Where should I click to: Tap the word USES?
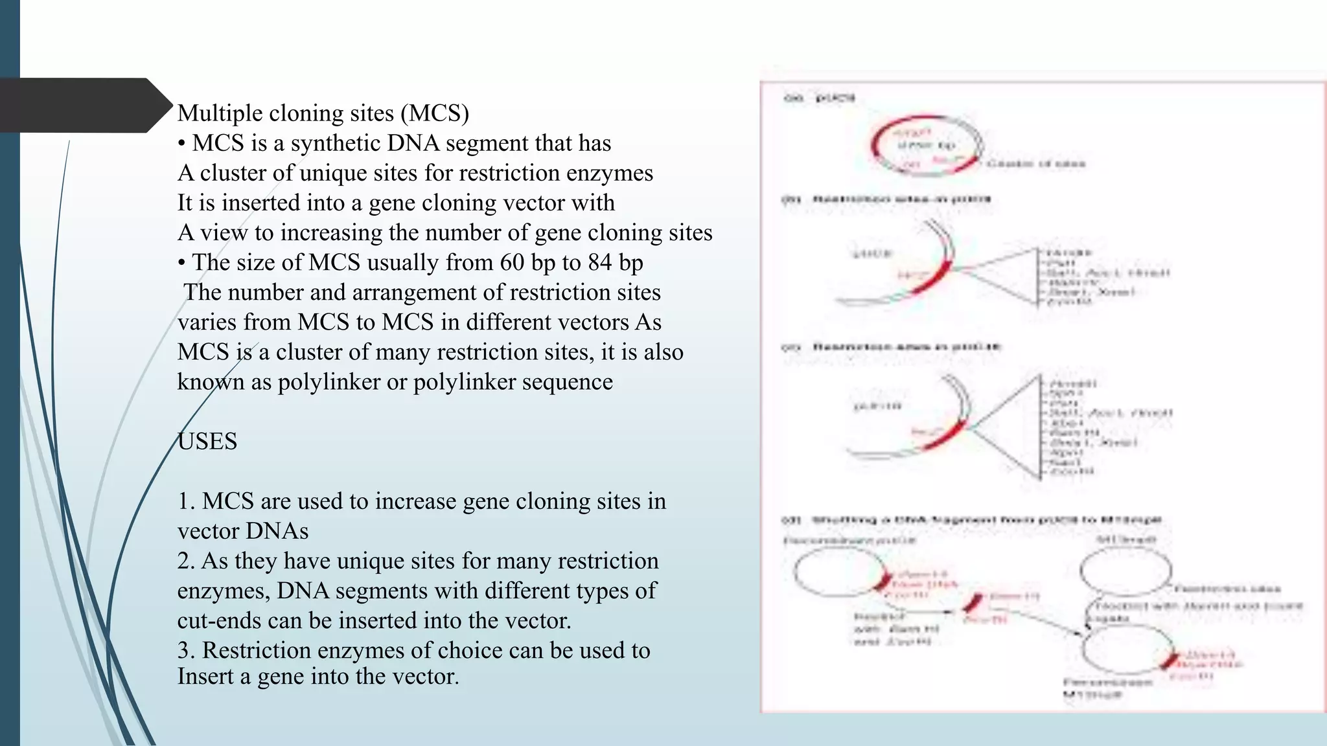(207, 442)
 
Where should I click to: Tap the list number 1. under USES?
(187, 501)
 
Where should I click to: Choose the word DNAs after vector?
(278, 531)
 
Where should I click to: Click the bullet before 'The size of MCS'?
(182, 262)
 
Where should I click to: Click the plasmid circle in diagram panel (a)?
(927, 146)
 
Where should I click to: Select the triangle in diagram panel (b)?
(1011, 276)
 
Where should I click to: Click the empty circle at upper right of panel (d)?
(1125, 571)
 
